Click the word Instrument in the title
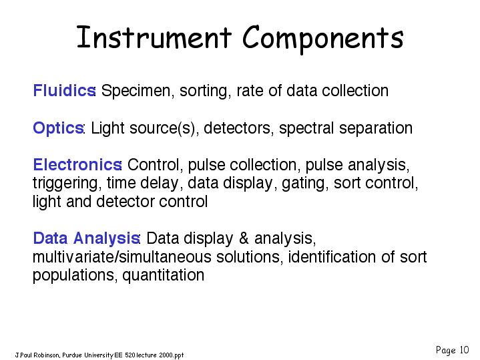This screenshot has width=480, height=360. click(154, 37)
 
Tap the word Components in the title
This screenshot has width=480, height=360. click(323, 39)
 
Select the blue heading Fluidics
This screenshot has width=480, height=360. click(64, 90)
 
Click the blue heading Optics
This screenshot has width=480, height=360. click(58, 128)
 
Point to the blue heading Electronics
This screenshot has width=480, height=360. click(77, 164)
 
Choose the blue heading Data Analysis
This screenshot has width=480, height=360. click(86, 238)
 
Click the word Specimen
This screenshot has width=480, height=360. click(138, 91)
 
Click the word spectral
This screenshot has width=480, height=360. click(306, 128)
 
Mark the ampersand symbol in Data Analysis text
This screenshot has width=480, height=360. click(244, 238)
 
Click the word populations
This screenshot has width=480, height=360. click(75, 275)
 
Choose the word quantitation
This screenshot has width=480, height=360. click(163, 275)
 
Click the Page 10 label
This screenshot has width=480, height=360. click(452, 350)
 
